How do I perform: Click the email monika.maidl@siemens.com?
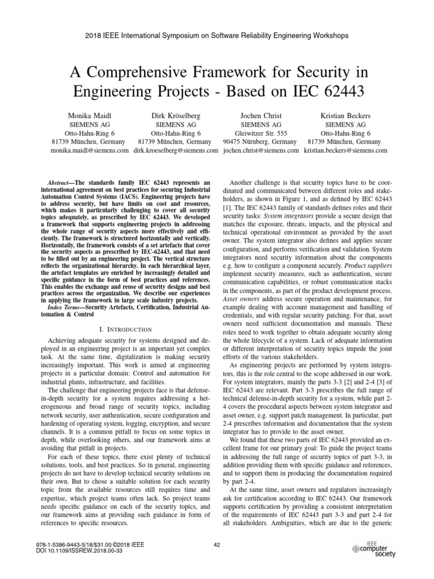[89, 151]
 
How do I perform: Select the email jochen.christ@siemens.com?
[261, 151]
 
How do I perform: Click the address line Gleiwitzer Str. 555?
[259, 132]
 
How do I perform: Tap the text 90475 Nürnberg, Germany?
[259, 141]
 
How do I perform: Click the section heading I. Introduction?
[126, 329]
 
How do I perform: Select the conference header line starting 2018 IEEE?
[216, 35]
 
